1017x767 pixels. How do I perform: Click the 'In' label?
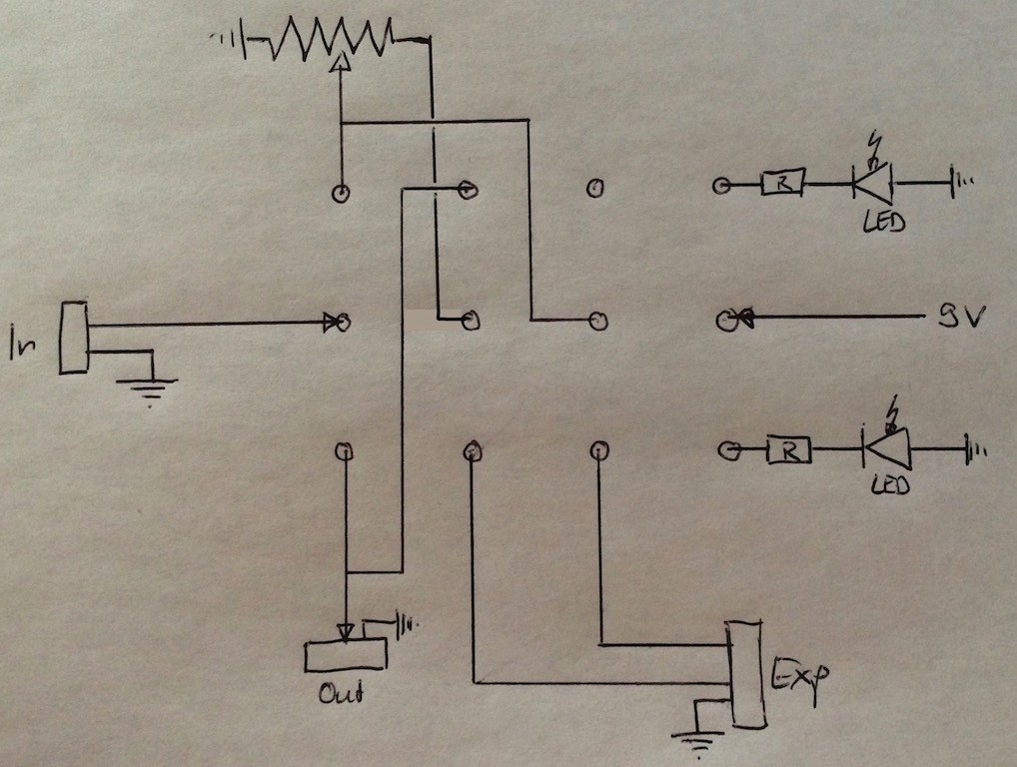tap(22, 344)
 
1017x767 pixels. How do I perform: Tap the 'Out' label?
tap(341, 693)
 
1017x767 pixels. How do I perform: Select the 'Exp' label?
tap(800, 678)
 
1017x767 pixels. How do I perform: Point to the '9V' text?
tap(962, 317)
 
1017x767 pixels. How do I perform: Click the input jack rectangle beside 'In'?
tap(73, 338)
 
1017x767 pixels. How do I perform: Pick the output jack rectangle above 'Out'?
tap(346, 654)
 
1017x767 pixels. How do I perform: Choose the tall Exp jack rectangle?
tap(746, 674)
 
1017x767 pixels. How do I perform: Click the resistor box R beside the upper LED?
tap(783, 183)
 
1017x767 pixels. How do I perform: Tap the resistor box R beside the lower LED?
tap(788, 450)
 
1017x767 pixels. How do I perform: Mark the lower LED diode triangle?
tap(887, 448)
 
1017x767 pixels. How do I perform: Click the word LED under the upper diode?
tap(884, 223)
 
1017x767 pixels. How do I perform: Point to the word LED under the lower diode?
tap(890, 485)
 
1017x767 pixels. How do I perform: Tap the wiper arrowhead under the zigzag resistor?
tap(340, 62)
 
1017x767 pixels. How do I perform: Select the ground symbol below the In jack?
tap(147, 390)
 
